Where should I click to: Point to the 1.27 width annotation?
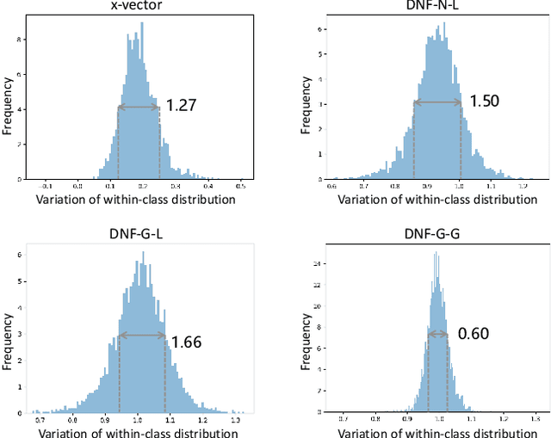(180, 106)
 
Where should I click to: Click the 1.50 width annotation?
(483, 101)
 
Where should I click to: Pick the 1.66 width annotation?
(186, 342)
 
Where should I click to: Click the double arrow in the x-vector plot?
(139, 107)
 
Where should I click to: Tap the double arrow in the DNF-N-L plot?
(437, 102)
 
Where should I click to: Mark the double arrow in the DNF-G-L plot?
(142, 335)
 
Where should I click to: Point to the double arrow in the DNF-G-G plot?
(437, 334)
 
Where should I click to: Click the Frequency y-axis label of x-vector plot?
(8, 103)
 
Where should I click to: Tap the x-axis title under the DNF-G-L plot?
(137, 432)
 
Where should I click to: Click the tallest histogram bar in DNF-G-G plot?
(436, 253)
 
